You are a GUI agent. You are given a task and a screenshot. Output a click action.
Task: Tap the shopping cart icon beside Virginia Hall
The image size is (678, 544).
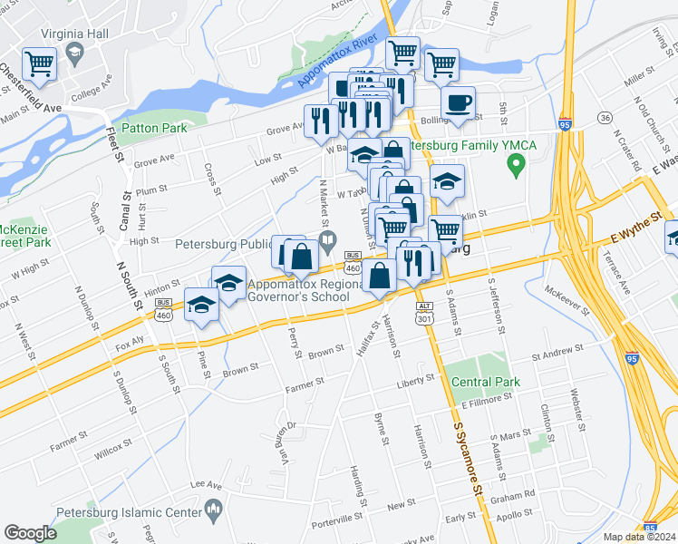tap(40, 63)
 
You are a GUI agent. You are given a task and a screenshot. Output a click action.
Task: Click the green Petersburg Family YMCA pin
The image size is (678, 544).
tap(517, 165)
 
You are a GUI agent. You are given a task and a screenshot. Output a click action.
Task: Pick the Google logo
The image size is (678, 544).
tap(30, 533)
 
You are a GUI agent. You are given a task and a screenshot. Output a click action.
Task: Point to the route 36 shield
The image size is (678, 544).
tap(605, 118)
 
